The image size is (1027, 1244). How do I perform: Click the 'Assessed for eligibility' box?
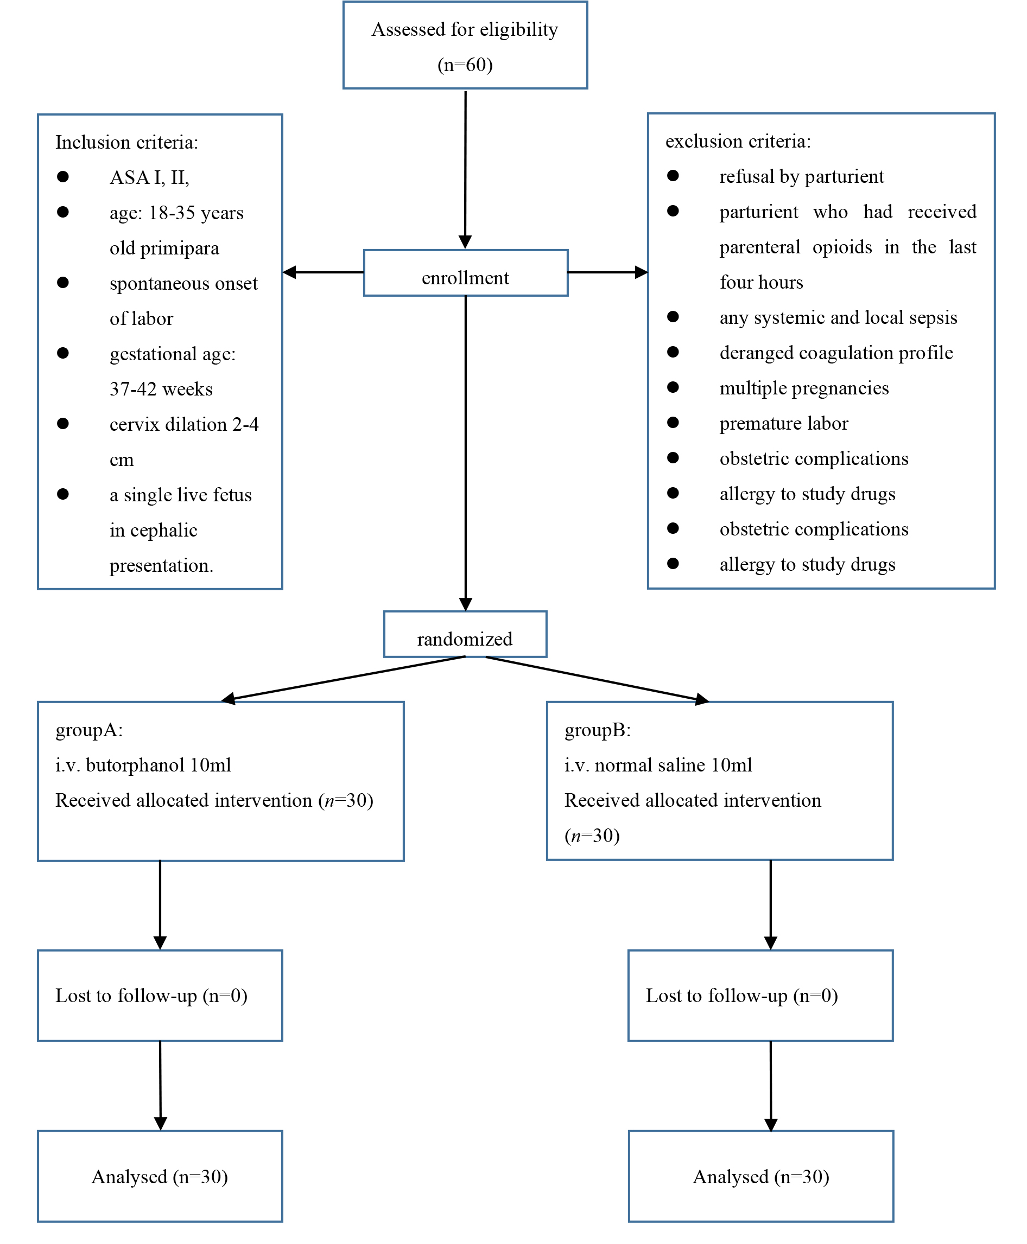[x=465, y=45]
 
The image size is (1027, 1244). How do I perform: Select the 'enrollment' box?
[x=466, y=272]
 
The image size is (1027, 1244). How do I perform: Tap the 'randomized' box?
[x=465, y=634]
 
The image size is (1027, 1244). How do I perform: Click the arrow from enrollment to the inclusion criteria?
[x=323, y=272]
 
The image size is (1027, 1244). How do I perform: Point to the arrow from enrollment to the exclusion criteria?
[x=608, y=272]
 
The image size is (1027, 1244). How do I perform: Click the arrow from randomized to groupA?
[x=343, y=679]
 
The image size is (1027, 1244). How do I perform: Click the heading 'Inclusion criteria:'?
[x=126, y=143]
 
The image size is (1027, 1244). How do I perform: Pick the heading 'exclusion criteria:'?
[x=738, y=141]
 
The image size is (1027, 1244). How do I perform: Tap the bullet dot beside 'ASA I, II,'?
[x=63, y=177]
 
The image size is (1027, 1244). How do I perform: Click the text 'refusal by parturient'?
[x=802, y=177]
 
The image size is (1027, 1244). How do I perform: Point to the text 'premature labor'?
[x=784, y=423]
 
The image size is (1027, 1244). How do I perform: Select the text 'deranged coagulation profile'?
[x=836, y=353]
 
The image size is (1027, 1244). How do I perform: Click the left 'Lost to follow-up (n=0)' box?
[x=160, y=996]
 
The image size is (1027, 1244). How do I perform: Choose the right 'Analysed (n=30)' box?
[x=761, y=1176]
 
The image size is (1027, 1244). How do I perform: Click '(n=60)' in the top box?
[x=465, y=65]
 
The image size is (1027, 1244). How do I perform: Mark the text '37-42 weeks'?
[x=161, y=389]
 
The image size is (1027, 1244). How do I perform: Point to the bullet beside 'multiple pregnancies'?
[x=673, y=387]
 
